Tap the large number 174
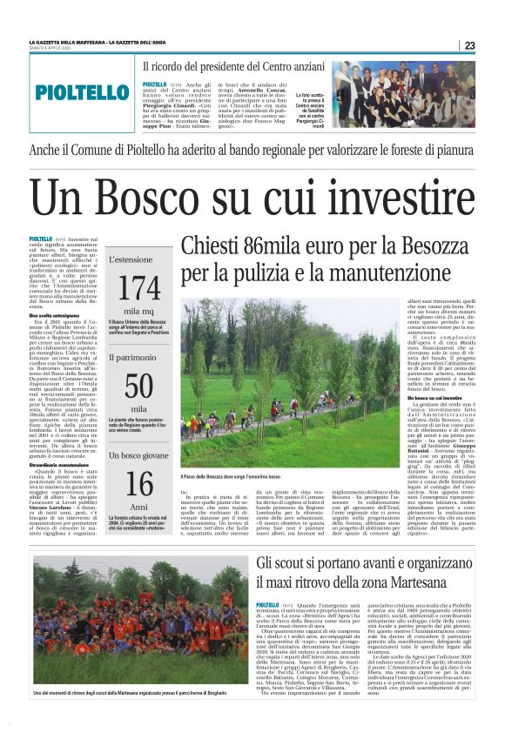click(138, 287)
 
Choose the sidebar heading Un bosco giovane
click(138, 454)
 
